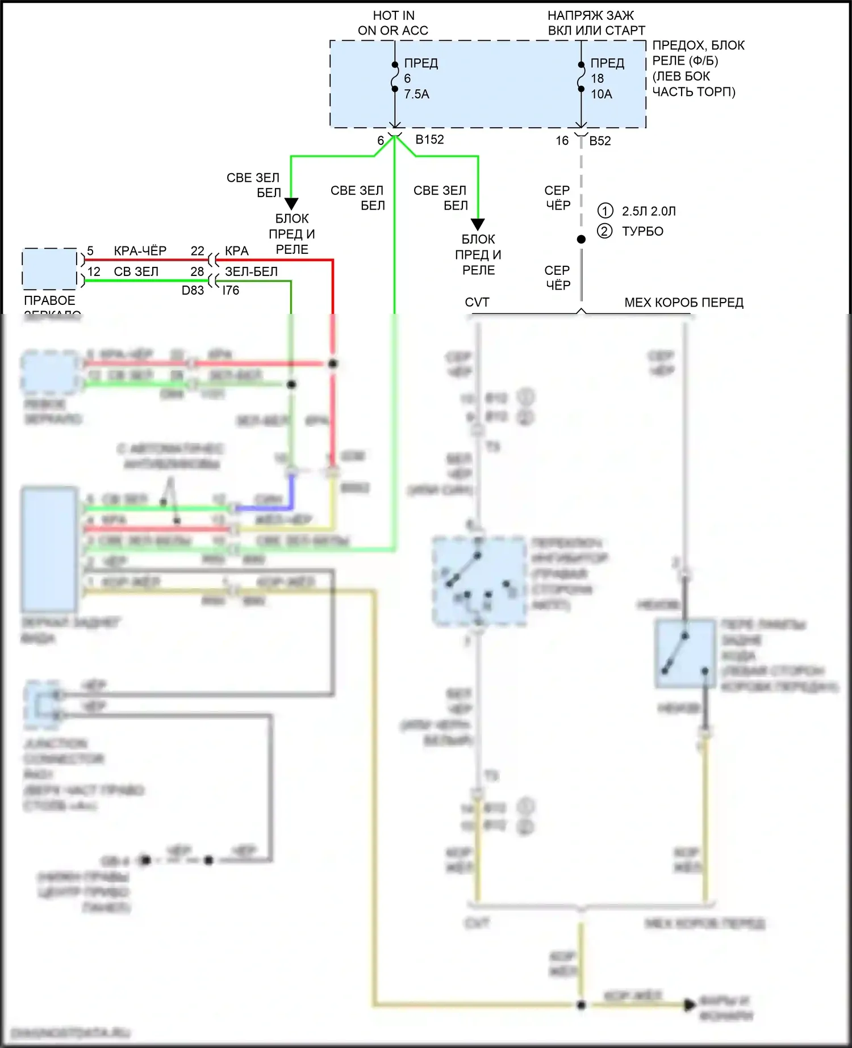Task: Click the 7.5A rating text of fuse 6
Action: click(x=416, y=94)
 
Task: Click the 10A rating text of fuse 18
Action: click(x=601, y=94)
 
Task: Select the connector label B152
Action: click(x=429, y=140)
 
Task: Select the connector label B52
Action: click(x=600, y=141)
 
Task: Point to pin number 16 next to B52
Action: click(x=562, y=141)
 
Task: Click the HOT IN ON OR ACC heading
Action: click(x=393, y=23)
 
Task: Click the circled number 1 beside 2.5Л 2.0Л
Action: click(x=605, y=211)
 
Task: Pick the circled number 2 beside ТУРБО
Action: click(x=605, y=231)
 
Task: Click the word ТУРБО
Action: click(x=642, y=231)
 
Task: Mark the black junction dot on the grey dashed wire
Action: click(x=581, y=240)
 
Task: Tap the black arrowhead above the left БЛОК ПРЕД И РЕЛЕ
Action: click(x=291, y=203)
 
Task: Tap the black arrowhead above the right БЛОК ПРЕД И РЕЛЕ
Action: click(x=478, y=224)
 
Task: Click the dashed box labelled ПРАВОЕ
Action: click(x=49, y=268)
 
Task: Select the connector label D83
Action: click(x=193, y=290)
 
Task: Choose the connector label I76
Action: click(x=230, y=290)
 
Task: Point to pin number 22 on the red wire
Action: click(x=197, y=251)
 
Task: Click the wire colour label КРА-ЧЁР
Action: click(x=140, y=251)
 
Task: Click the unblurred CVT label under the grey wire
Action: click(x=477, y=303)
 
